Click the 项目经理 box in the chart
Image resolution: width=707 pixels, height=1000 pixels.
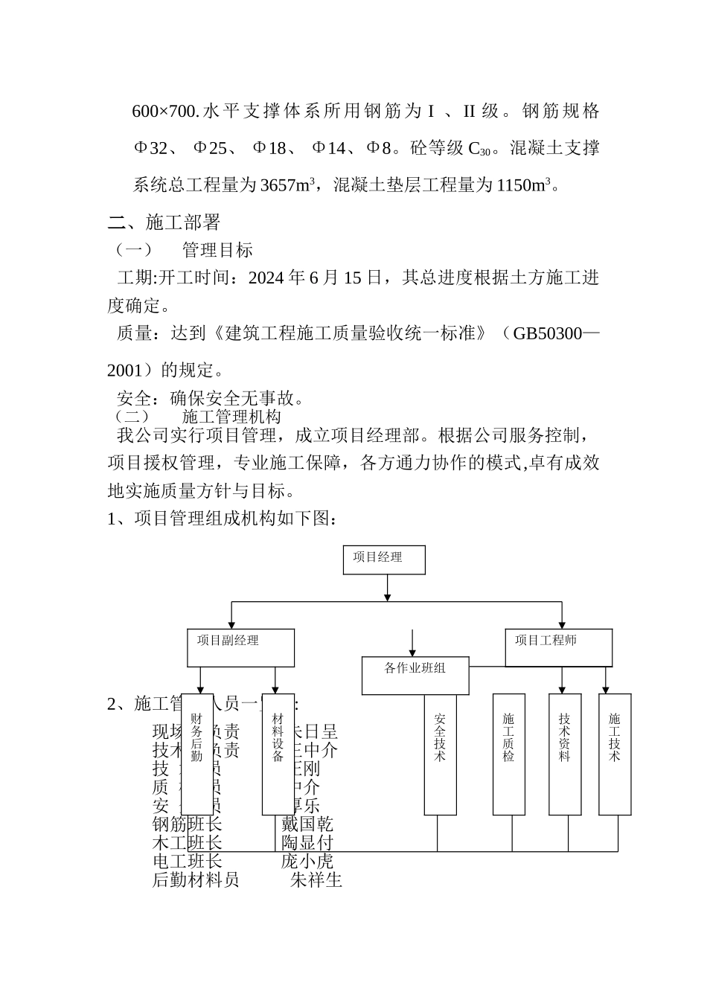[384, 560]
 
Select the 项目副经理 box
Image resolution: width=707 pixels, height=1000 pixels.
[240, 647]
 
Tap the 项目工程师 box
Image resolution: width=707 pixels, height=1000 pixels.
[558, 647]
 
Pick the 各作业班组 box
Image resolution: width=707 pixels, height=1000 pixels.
[415, 675]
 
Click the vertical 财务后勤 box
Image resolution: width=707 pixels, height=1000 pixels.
[197, 754]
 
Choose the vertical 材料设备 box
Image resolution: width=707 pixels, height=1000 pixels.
[278, 754]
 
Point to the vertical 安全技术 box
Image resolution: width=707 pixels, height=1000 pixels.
[440, 754]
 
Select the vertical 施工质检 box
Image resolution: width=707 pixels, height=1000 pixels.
[509, 754]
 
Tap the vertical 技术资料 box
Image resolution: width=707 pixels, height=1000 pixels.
[565, 754]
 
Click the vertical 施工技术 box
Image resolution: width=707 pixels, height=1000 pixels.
[615, 754]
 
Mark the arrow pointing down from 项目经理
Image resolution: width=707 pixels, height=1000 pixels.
[387, 588]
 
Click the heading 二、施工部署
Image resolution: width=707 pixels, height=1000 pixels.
[164, 222]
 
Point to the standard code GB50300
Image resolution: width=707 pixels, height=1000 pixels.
[547, 333]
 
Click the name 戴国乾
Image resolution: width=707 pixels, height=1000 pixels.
[307, 824]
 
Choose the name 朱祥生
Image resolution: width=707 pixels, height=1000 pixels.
[316, 880]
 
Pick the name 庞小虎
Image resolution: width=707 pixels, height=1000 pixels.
[307, 862]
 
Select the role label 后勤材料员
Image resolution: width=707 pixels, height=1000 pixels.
[196, 880]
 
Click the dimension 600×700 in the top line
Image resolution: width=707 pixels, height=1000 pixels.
[164, 112]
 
